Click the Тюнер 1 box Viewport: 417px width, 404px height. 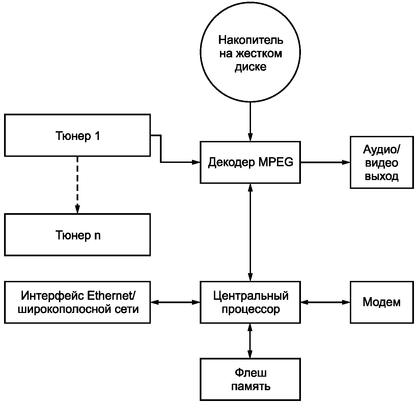[77, 135]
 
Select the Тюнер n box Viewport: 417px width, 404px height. [77, 235]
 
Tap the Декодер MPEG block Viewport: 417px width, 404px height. [250, 162]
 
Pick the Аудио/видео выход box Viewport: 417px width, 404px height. [382, 162]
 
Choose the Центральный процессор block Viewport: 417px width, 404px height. [250, 302]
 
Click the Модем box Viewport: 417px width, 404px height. [382, 302]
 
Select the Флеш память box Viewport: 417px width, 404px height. [250, 379]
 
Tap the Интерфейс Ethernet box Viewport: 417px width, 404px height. [77, 302]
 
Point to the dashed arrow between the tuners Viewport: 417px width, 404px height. [77, 184]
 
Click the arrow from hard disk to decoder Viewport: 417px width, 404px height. [250, 121]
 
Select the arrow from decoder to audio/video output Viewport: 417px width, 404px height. [325, 162]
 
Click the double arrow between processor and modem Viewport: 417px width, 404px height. [325, 302]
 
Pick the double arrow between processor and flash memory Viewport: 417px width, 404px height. [250, 341]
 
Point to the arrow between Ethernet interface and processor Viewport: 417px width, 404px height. [175, 302]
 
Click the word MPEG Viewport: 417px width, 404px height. [276, 162]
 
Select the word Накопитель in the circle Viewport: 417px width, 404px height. [250, 40]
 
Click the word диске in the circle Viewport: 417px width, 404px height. [250, 67]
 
